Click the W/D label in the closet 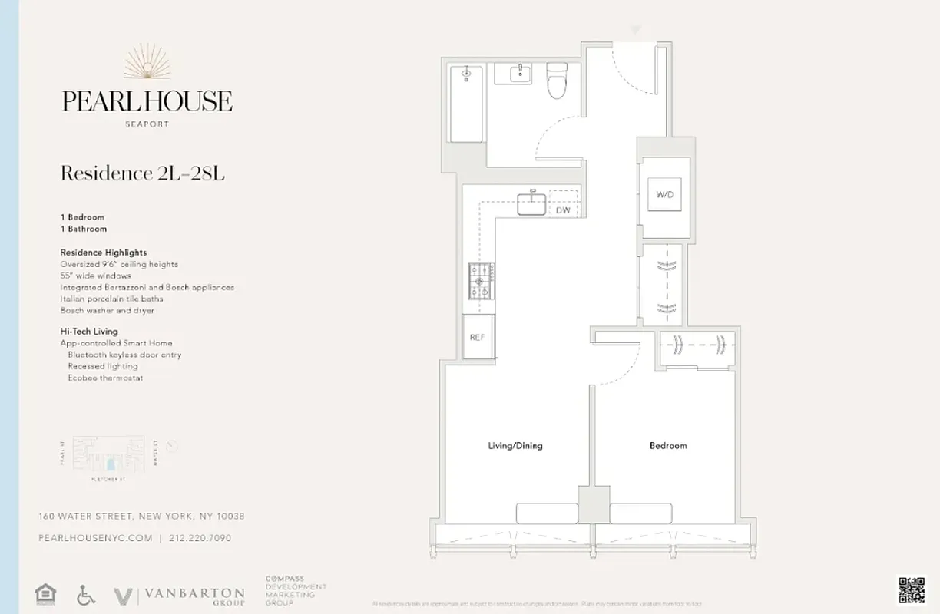point(664,195)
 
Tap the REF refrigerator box point(477,338)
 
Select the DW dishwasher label point(563,210)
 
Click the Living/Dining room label point(515,445)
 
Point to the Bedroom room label point(668,445)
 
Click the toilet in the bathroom point(556,82)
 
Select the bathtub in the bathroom point(465,104)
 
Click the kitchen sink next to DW point(531,204)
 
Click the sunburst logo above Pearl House point(147,63)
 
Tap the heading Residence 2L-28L point(142,173)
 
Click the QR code point(912,589)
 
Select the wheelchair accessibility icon point(86,595)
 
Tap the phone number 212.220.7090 point(199,538)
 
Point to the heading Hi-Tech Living point(89,331)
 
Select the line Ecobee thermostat point(105,378)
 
